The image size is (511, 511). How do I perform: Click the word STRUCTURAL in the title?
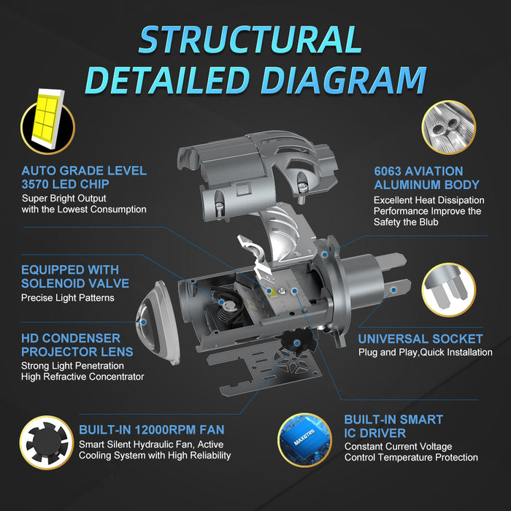[x=250, y=39]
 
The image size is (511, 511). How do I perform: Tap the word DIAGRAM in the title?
[x=344, y=80]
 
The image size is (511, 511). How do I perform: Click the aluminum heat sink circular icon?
[x=448, y=127]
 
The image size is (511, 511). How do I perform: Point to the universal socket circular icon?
[x=448, y=290]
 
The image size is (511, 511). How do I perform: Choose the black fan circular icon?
[x=47, y=442]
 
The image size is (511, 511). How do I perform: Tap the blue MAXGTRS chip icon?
[x=304, y=440]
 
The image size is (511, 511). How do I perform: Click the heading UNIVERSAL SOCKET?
[x=420, y=339]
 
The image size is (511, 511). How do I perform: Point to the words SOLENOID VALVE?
[x=75, y=283]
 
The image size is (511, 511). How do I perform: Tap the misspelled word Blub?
[x=429, y=222]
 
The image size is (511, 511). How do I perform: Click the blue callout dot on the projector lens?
[x=143, y=322]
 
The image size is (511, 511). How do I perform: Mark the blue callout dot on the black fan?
[x=297, y=342]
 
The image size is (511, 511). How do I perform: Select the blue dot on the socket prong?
[x=393, y=290]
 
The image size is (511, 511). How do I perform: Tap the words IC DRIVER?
[x=375, y=433]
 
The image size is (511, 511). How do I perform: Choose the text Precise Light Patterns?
[x=68, y=298]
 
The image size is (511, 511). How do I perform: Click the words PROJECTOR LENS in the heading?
[x=77, y=352]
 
